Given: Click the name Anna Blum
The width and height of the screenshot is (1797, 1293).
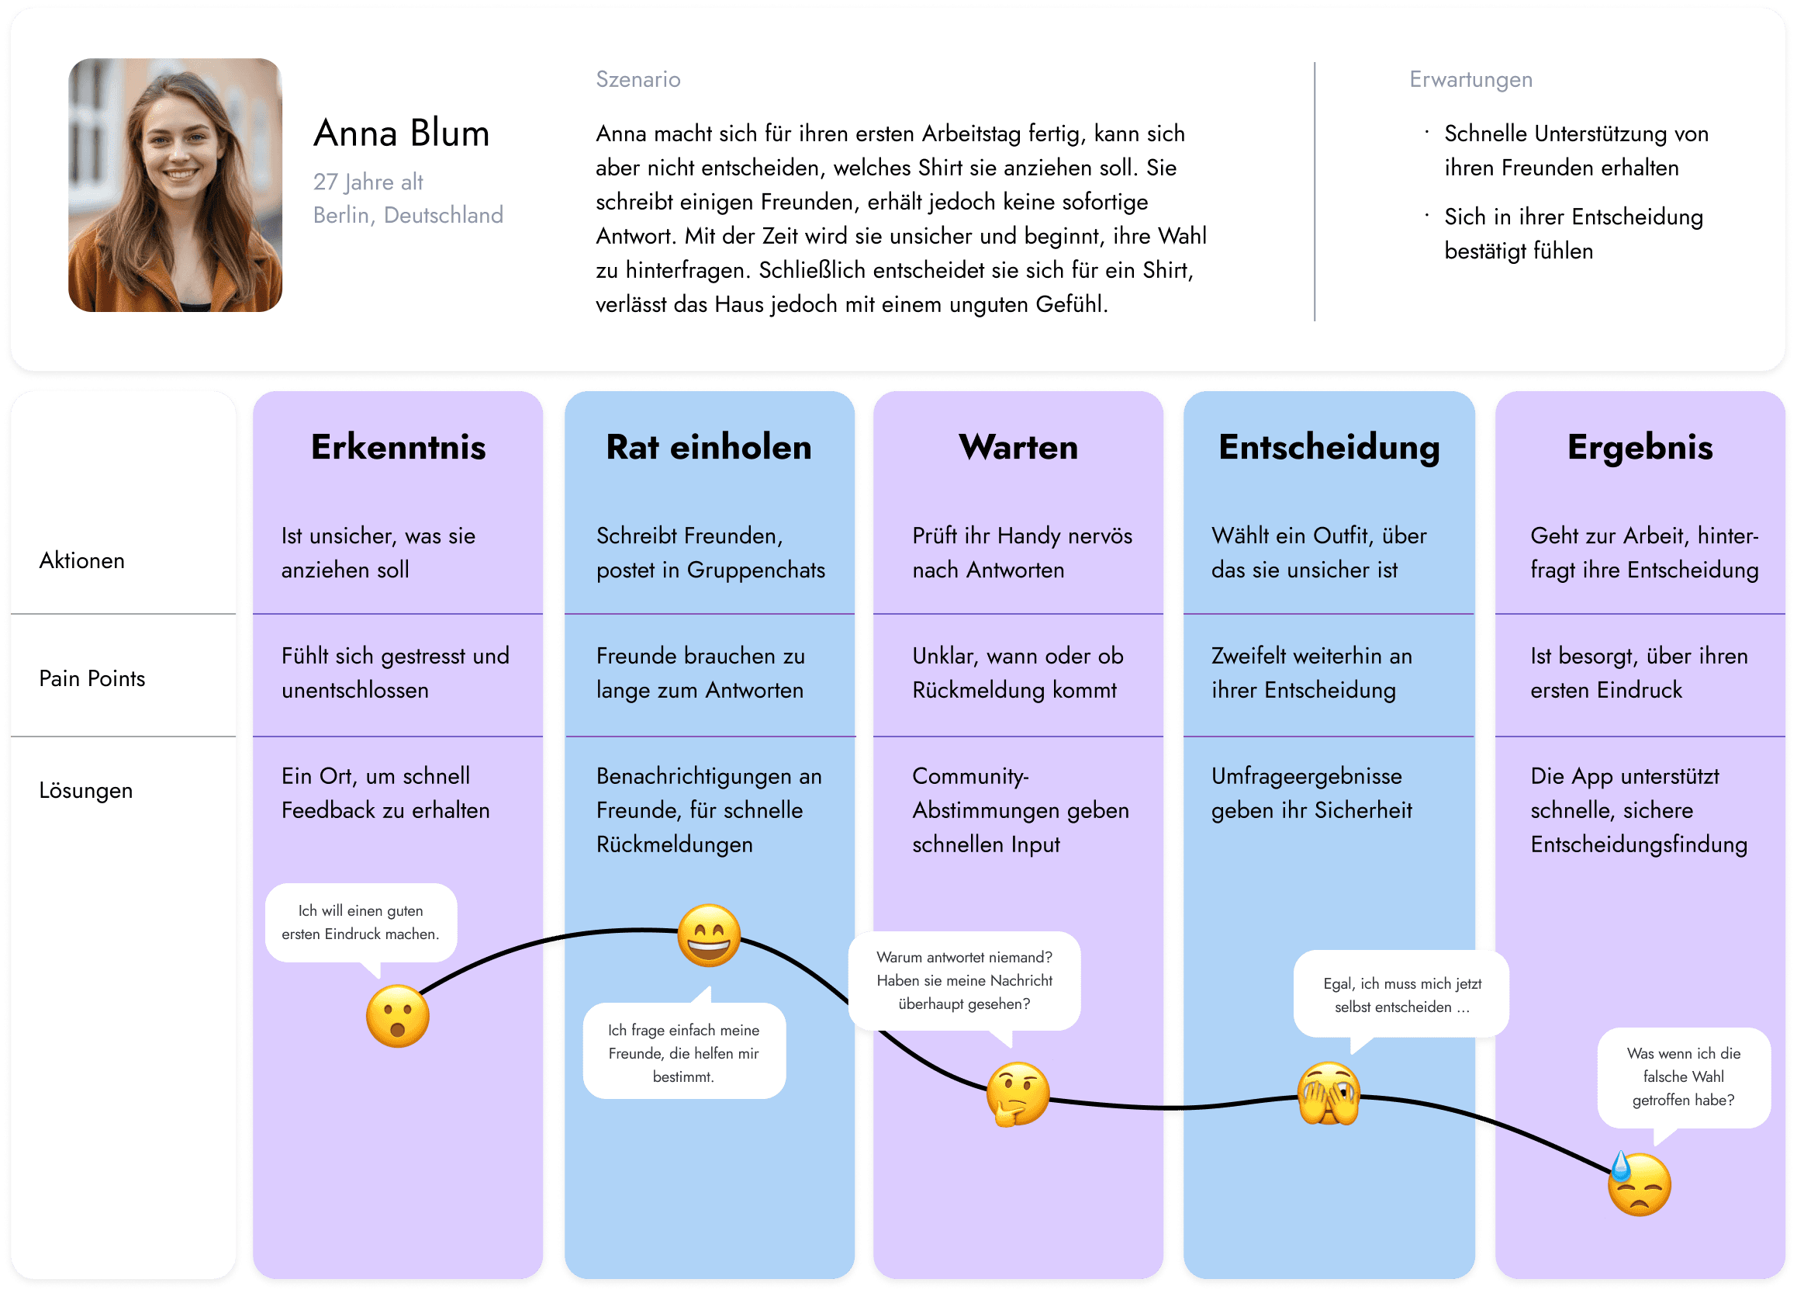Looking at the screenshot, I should pos(401,133).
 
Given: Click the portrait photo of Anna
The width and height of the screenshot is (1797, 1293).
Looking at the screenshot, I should pos(175,185).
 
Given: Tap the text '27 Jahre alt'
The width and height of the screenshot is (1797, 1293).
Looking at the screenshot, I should pos(368,182).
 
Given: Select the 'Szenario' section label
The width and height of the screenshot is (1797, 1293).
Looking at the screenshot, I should pos(638,79).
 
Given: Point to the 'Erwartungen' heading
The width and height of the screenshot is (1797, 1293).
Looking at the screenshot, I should pos(1470,79).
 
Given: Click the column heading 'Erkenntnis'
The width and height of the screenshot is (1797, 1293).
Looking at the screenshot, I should pos(398,447).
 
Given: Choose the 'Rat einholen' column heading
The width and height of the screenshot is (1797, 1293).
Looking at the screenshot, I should pos(708,447).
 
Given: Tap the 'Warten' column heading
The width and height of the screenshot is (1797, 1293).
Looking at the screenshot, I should pos(1018,447).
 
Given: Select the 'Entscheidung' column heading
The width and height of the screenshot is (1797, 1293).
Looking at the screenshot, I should pos(1329,447).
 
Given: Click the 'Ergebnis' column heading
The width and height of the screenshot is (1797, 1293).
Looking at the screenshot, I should pos(1640,447).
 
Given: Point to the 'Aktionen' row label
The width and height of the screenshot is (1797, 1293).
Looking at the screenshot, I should pos(81,560).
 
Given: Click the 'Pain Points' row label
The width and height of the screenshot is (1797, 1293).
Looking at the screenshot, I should pos(92,678).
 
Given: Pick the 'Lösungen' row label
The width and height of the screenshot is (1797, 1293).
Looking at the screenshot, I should pos(85,790).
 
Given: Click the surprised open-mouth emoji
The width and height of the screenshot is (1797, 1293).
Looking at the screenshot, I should pos(398,1017).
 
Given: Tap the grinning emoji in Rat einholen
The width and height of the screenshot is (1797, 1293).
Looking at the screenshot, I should pos(709,935).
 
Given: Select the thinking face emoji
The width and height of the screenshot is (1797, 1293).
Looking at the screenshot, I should pos(1018,1095).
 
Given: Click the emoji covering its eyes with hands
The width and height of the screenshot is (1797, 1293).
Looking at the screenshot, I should pos(1329,1095).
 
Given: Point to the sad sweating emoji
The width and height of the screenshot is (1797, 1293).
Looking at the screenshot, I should pos(1639,1184).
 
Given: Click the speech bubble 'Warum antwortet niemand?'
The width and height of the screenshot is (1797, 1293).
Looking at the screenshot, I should pos(964,981).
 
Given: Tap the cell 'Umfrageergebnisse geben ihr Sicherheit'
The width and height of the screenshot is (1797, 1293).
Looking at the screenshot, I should pos(1311,792).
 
